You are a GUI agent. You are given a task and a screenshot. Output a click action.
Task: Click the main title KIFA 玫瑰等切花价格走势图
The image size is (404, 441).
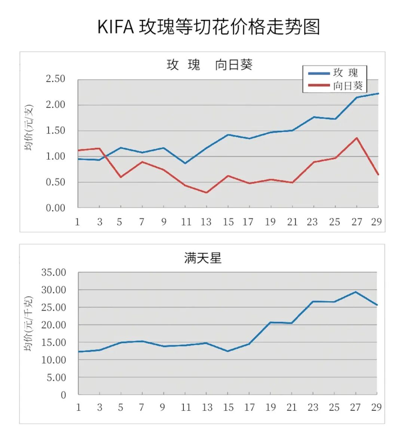209,27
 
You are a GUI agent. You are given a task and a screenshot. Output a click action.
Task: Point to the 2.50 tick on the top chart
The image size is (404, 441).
55,79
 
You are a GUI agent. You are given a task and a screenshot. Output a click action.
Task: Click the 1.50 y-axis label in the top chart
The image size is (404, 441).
55,131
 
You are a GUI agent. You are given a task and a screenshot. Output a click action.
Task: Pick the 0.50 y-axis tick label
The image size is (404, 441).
55,182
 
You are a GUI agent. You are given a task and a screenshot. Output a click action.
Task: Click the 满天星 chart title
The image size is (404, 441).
203,258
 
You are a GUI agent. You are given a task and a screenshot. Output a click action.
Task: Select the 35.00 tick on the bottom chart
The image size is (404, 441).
53,272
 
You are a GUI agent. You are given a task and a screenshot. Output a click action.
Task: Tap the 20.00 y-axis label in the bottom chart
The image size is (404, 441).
53,325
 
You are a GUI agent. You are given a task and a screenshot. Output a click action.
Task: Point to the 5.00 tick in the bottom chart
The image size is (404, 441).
56,377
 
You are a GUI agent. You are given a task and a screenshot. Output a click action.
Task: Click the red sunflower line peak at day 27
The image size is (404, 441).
357,138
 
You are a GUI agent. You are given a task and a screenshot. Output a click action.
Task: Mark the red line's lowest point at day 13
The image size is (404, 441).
206,193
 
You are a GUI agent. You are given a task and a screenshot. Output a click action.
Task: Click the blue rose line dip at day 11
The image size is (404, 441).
185,163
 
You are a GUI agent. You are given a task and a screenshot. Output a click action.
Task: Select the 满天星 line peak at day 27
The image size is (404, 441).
355,292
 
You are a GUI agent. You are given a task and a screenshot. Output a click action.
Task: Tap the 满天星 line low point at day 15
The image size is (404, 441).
228,351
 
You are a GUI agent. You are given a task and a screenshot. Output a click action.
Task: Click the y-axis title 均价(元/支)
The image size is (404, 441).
29,128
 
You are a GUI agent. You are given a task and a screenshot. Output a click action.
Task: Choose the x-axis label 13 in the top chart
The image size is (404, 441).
206,222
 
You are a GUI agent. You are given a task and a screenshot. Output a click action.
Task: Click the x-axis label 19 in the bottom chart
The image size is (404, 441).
270,407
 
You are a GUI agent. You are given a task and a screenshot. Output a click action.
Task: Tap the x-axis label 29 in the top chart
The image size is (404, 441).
376,222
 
